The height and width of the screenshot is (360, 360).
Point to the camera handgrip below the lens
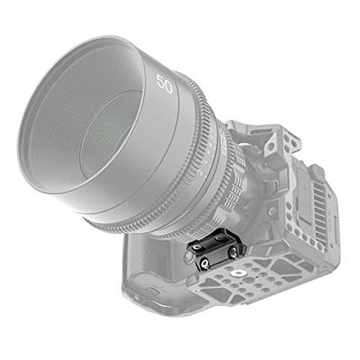click(x=153, y=270)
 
